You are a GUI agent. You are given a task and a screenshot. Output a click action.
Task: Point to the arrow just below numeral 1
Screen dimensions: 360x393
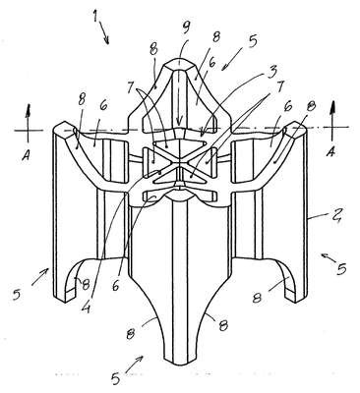[x=103, y=32]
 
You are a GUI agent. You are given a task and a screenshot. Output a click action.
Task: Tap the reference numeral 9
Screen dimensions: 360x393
[x=186, y=28]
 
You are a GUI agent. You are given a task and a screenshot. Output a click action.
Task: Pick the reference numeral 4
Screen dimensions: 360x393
[x=86, y=308]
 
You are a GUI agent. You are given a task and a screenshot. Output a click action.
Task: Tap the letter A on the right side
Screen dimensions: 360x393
[x=331, y=151]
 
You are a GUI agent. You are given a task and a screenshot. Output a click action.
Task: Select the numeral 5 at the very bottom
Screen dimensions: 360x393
[x=115, y=378]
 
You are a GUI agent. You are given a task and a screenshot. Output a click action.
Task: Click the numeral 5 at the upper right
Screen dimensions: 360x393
[x=252, y=41]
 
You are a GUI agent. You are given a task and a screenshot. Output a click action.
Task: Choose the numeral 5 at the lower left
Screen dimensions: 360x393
[x=17, y=295]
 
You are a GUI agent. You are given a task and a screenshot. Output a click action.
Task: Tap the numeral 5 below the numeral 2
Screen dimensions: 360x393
[x=341, y=268]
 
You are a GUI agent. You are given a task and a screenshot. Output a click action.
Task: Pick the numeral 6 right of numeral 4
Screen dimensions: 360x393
[x=115, y=286]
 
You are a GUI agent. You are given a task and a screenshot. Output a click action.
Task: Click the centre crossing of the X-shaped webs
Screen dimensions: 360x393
[x=179, y=164]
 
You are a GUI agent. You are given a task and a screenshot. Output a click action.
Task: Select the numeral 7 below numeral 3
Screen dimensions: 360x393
[x=280, y=86]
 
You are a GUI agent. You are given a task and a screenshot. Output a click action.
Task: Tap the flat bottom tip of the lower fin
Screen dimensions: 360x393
[x=180, y=363]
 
